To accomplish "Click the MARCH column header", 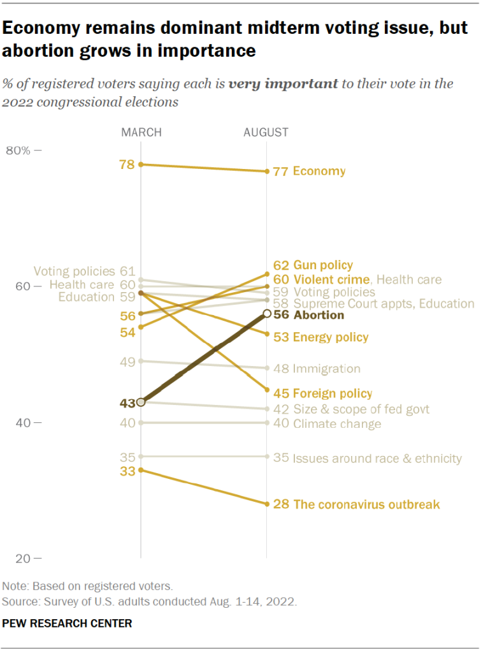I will click(x=141, y=133).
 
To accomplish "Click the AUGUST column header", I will click(x=266, y=133).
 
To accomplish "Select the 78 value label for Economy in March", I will click(x=127, y=165).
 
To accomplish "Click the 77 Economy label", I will click(x=309, y=171).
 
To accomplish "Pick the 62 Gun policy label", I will click(x=313, y=265).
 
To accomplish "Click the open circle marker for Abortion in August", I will click(x=267, y=314).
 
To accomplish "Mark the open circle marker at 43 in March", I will click(x=141, y=402).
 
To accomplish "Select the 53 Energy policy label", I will click(x=320, y=337).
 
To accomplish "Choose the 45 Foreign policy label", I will click(x=322, y=393).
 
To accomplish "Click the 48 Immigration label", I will click(x=317, y=369).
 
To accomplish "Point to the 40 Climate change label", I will click(x=327, y=423).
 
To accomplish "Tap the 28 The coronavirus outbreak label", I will click(x=356, y=504).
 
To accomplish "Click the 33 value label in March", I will click(x=127, y=471).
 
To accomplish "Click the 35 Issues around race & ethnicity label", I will click(x=367, y=458).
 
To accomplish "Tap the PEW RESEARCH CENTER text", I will click(x=67, y=624).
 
